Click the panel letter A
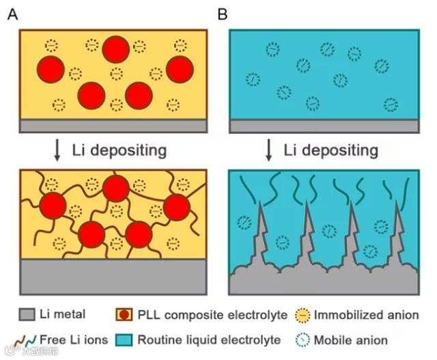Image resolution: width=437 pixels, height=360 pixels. (12, 13)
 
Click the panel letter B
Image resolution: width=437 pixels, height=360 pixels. (222, 13)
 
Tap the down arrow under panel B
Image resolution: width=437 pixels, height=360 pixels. (269, 150)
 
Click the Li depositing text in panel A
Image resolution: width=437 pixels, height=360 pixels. (119, 150)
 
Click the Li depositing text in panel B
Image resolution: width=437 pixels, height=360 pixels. (330, 150)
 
